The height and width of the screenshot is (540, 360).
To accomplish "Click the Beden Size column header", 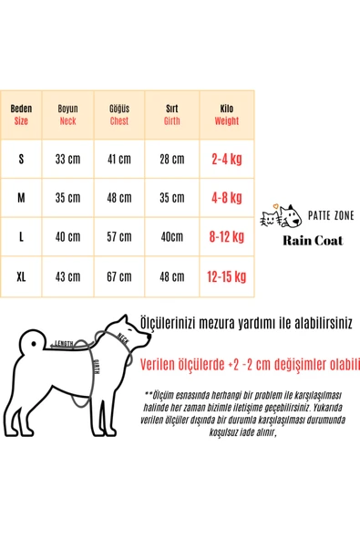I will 22,114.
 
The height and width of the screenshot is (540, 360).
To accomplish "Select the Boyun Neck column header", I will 67,114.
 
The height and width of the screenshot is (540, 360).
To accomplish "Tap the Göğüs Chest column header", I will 119,114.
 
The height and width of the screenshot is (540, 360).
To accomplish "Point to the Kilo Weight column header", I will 227,114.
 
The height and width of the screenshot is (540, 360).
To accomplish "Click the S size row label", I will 22,159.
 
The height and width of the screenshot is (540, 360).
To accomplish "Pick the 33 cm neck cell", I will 67,159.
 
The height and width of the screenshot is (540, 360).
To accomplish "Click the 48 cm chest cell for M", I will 119,198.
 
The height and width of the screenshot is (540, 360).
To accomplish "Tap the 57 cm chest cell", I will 119,237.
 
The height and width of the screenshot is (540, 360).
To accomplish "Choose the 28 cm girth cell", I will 172,159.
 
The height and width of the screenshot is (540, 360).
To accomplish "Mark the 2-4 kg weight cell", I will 227,159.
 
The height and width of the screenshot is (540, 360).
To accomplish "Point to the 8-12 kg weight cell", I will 227,237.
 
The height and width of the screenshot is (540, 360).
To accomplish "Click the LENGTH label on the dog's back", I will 64,344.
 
